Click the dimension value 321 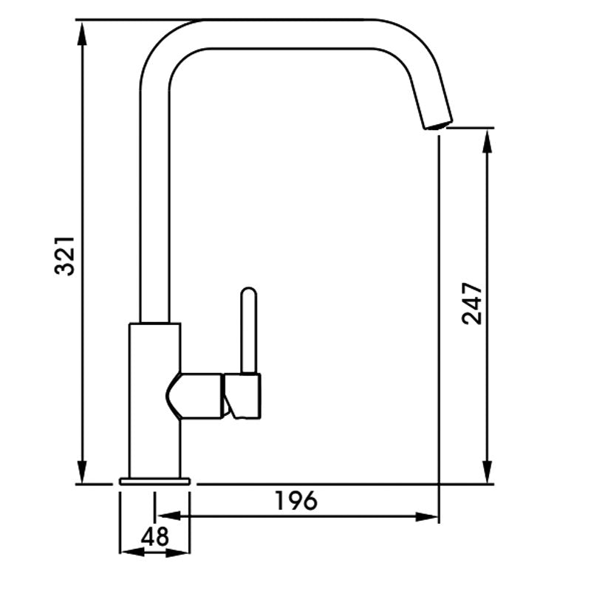pyautogui.click(x=66, y=256)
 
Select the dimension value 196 pyautogui.click(x=295, y=500)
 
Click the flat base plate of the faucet pyautogui.click(x=154, y=482)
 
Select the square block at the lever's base pyautogui.click(x=243, y=396)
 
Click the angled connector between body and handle pyautogui.click(x=196, y=396)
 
